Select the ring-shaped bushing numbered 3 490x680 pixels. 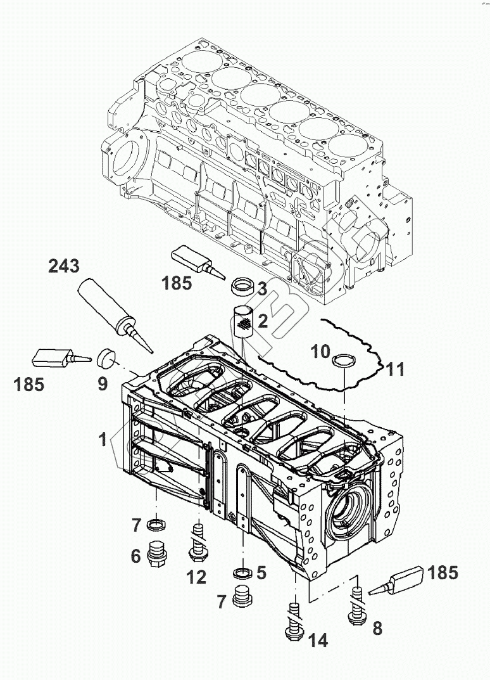241,286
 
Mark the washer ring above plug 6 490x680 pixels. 156,524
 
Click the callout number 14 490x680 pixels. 318,641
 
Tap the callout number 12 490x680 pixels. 196,577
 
